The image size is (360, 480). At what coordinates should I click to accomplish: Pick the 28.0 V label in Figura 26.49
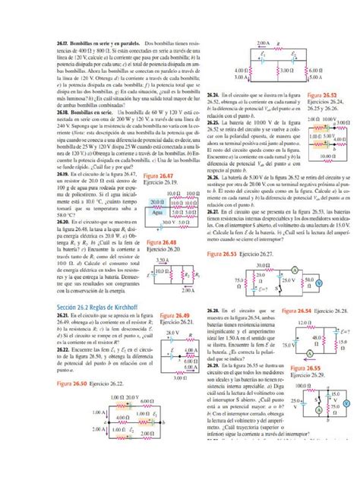(172, 333)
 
